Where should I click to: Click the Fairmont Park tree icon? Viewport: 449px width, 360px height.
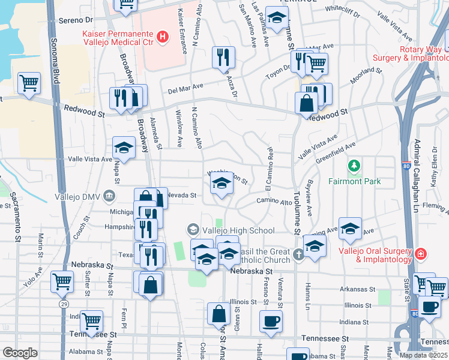[x=354, y=165]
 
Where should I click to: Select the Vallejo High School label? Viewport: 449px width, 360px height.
[x=238, y=230]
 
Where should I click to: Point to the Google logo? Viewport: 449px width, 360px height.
[x=19, y=353]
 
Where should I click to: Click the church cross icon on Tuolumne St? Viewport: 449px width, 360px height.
[x=298, y=254]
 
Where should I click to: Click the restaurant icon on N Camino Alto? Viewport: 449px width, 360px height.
[x=223, y=57]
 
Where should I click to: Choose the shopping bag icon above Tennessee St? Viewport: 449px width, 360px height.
[x=219, y=313]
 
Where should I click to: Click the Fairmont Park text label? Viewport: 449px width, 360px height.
[x=354, y=181]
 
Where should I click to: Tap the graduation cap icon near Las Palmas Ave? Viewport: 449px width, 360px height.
[x=276, y=18]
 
